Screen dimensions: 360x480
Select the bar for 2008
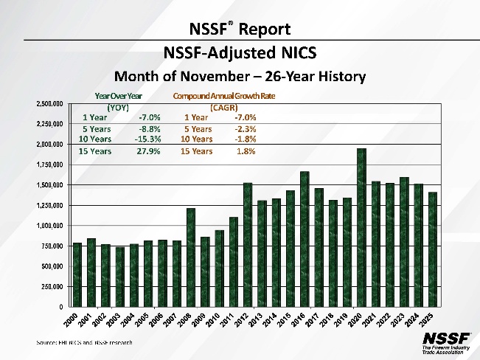coord(190,257)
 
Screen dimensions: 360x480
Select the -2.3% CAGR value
coord(245,128)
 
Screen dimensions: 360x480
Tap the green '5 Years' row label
coord(97,128)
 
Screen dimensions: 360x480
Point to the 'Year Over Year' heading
coord(119,96)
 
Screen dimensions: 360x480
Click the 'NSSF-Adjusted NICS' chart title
coord(240,52)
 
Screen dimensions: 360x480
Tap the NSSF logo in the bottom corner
coord(444,342)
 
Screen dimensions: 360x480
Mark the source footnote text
coord(86,342)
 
